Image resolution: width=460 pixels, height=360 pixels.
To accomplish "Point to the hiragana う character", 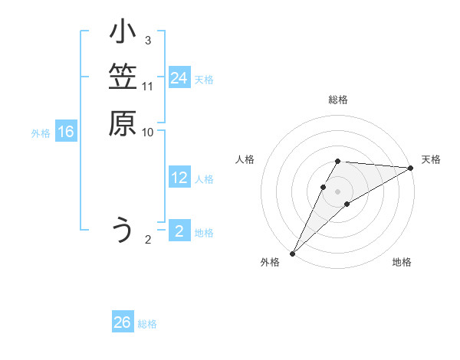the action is (122, 231).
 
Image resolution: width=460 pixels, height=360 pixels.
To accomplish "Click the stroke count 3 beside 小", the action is (148, 40).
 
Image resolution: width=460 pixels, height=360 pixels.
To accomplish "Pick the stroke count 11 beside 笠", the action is (148, 86).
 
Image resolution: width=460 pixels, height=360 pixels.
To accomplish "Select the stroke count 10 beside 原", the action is (148, 132).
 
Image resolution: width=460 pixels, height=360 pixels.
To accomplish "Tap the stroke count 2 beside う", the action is (148, 239).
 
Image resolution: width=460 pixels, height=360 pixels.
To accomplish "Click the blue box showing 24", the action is (179, 78).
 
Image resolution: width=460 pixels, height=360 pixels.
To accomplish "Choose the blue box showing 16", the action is (66, 133).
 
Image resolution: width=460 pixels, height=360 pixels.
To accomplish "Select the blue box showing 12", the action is (179, 178).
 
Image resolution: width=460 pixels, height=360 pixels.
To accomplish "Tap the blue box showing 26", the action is (123, 322).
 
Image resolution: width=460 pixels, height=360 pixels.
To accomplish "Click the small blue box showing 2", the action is (179, 231).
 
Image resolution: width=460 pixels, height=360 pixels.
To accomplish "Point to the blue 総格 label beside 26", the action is (147, 324).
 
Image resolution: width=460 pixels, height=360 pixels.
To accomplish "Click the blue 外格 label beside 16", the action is (41, 133).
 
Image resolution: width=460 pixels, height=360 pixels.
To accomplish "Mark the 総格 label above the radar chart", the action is (338, 100).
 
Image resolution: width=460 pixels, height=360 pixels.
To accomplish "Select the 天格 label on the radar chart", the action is (431, 159).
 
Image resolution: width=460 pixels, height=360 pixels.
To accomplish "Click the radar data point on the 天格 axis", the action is (411, 167).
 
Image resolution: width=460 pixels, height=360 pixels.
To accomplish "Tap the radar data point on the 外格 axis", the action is (292, 253).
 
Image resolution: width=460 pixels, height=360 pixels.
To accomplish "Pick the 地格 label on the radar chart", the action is (402, 262).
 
